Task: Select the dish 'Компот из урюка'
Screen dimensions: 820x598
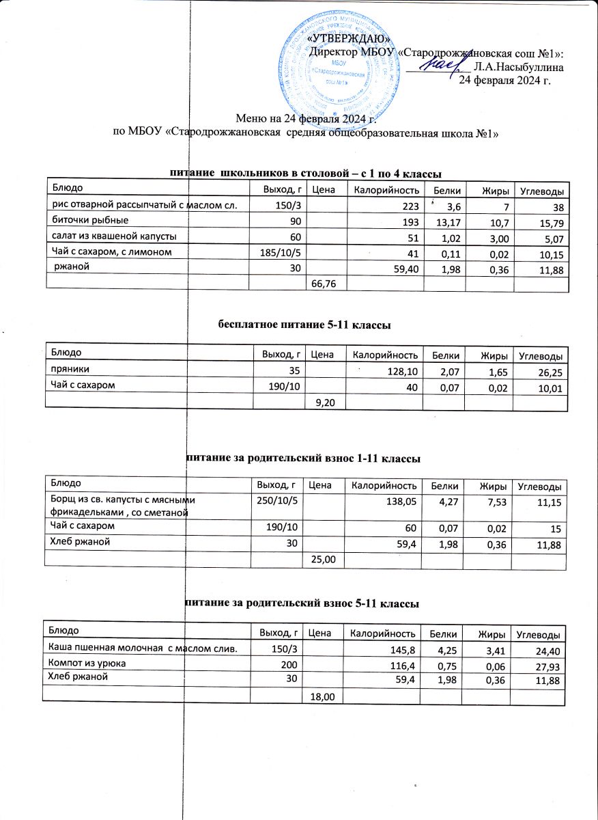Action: [x=85, y=663]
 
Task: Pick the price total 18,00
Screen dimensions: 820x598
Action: [x=322, y=696]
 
